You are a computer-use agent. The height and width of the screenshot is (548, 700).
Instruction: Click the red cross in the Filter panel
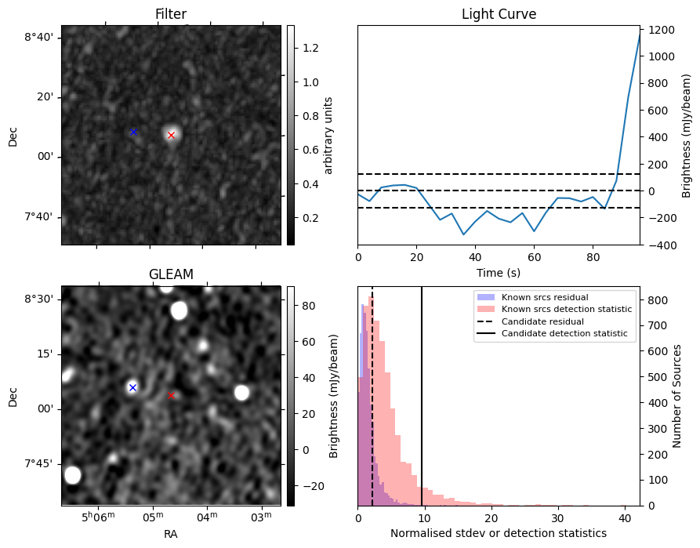[x=171, y=135]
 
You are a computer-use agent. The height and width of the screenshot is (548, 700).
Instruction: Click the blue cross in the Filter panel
[x=133, y=132]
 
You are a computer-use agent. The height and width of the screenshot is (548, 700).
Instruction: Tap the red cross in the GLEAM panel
[x=172, y=395]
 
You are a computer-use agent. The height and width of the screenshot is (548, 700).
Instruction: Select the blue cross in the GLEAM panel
[x=132, y=387]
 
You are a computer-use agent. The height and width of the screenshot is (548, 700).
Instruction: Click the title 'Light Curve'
[x=499, y=14]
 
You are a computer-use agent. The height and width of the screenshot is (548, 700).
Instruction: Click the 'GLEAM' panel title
[x=171, y=274]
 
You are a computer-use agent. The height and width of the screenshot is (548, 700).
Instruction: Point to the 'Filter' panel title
[x=171, y=14]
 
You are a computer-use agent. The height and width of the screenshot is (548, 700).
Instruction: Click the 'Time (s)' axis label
[x=499, y=273]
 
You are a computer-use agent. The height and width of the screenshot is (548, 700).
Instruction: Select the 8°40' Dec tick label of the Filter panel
[x=39, y=38]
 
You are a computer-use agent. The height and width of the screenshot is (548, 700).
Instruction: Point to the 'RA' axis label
[x=171, y=533]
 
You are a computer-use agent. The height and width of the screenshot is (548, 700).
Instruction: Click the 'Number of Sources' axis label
[x=676, y=395]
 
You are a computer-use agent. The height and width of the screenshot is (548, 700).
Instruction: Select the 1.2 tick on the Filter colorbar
[x=310, y=48]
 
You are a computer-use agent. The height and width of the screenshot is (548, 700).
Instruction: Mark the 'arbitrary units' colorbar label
[x=328, y=135]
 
